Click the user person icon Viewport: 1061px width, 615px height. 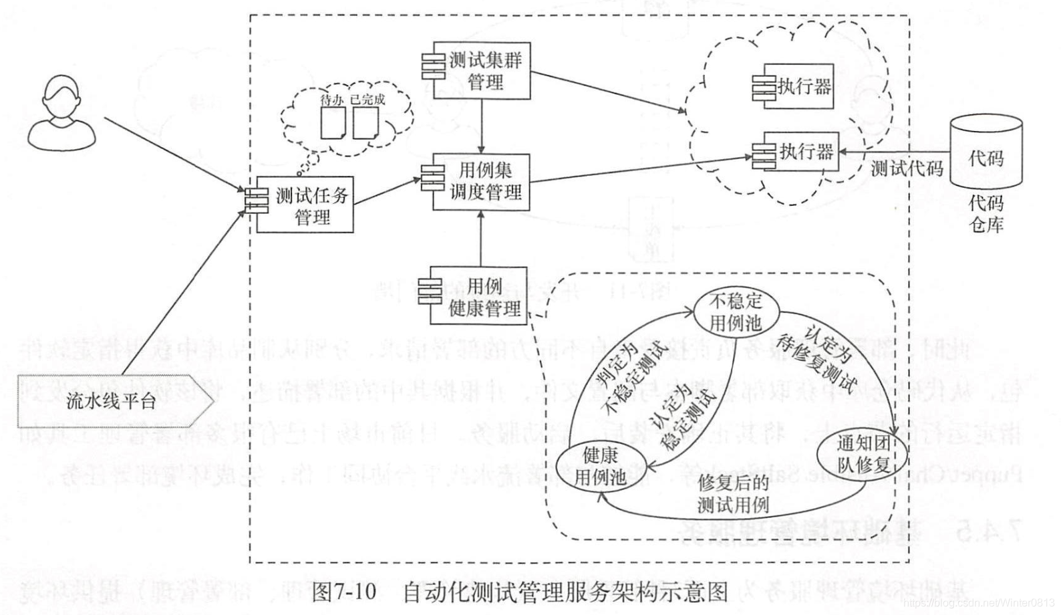click(x=61, y=112)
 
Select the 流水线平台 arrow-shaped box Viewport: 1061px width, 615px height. click(x=114, y=401)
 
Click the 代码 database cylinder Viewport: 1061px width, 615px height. click(x=986, y=152)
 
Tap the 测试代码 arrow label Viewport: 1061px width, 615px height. click(x=906, y=168)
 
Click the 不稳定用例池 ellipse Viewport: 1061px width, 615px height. click(x=736, y=311)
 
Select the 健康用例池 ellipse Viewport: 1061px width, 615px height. click(x=599, y=467)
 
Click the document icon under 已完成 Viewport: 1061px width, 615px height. click(x=365, y=123)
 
